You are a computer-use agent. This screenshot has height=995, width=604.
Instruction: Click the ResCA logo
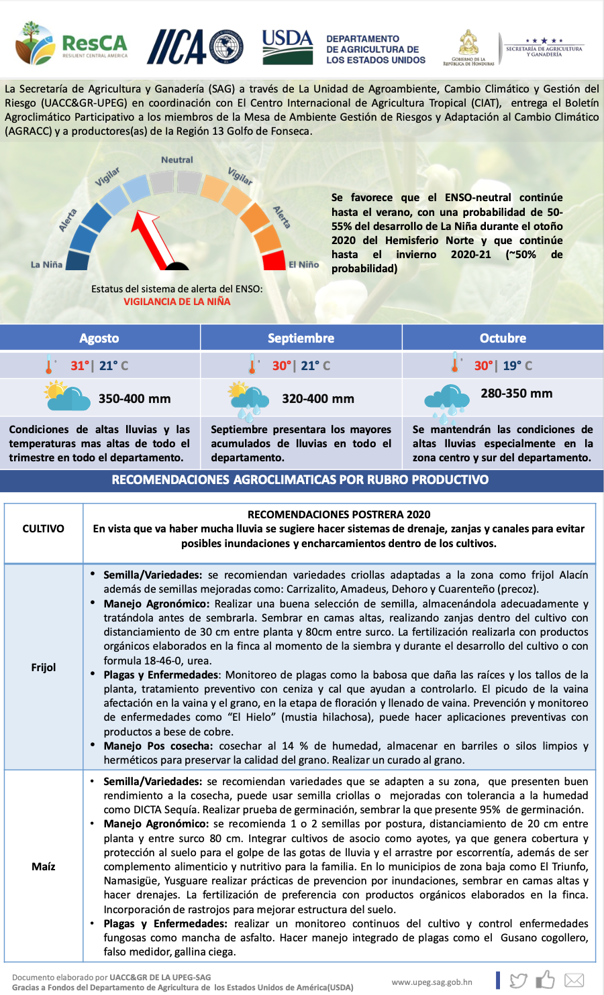pyautogui.click(x=71, y=44)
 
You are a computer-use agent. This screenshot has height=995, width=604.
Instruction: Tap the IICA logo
pyautogui.click(x=195, y=46)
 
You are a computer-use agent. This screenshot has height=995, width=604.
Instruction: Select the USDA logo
pyautogui.click(x=287, y=46)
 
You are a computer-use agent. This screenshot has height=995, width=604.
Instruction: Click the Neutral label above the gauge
pyautogui.click(x=177, y=160)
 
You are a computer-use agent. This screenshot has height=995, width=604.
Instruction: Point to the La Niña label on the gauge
pyautogui.click(x=46, y=264)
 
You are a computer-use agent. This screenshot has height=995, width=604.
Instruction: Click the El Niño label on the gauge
pyautogui.click(x=304, y=264)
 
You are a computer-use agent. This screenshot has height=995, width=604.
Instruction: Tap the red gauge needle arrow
pyautogui.click(x=153, y=236)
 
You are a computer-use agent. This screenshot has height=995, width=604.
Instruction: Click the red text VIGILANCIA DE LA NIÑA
pyautogui.click(x=177, y=302)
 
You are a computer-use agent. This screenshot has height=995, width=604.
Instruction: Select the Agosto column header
pyautogui.click(x=99, y=338)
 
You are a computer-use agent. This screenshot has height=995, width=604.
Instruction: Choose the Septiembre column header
pyautogui.click(x=301, y=338)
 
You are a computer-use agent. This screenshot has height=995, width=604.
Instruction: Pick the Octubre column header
pyautogui.click(x=503, y=338)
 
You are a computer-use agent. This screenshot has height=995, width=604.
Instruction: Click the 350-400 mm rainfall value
pyautogui.click(x=134, y=398)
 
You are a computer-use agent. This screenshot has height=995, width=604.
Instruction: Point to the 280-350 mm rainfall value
pyautogui.click(x=517, y=394)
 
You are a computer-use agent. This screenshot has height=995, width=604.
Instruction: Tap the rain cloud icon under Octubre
pyautogui.click(x=446, y=399)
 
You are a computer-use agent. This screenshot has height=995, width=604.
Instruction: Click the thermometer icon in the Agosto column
pyautogui.click(x=49, y=365)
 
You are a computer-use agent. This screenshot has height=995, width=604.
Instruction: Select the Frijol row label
pyautogui.click(x=44, y=667)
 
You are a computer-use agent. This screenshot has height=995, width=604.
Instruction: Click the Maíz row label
pyautogui.click(x=44, y=866)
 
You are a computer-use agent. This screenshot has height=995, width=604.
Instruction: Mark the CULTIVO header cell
pyautogui.click(x=44, y=528)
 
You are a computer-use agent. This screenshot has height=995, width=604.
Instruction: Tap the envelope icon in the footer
pyautogui.click(x=574, y=980)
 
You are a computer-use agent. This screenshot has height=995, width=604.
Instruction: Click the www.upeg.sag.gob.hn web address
pyautogui.click(x=432, y=982)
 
